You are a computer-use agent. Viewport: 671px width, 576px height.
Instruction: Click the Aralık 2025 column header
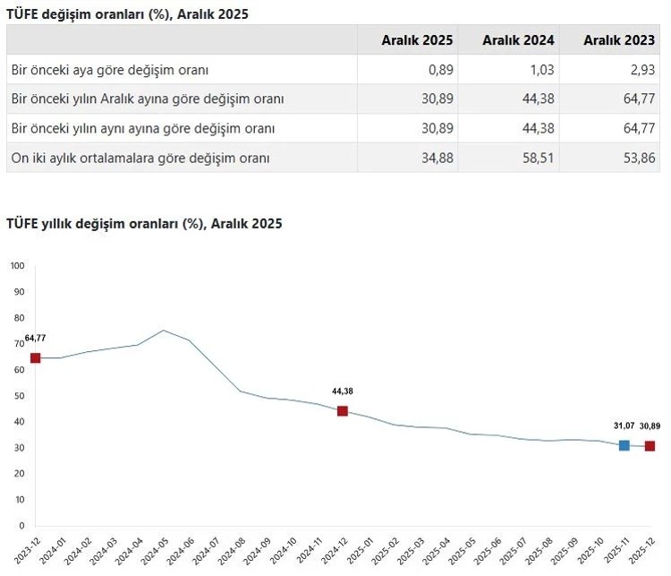tap(417, 40)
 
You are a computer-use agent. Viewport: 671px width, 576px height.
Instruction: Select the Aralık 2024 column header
tap(518, 40)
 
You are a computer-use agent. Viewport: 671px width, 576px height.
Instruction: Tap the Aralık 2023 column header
tap(619, 40)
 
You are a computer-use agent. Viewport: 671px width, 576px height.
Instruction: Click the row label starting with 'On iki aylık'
tap(140, 158)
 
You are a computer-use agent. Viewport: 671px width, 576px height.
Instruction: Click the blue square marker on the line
tap(624, 445)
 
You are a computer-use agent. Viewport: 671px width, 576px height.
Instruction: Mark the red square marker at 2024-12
tap(343, 411)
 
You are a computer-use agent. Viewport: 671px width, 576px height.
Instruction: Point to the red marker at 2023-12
tap(36, 358)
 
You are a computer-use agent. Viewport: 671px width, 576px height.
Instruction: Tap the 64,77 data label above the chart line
tap(36, 338)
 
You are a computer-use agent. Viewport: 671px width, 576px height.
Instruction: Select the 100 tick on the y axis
tap(18, 266)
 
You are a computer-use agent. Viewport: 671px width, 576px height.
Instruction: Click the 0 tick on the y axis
tap(21, 526)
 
